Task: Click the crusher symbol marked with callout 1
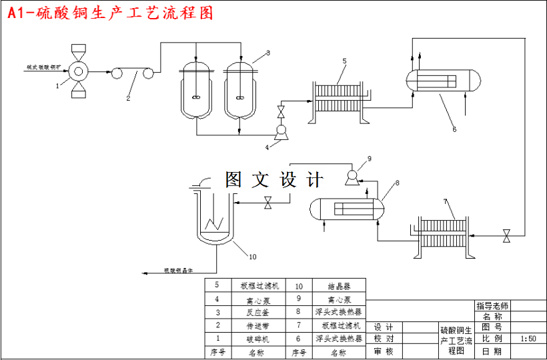coord(79,70)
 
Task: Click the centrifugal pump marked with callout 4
coord(281,131)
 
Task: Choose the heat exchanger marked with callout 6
coord(442,81)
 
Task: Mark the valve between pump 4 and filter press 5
coord(281,109)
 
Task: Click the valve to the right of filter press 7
coord(507,235)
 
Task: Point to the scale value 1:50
coord(528,339)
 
